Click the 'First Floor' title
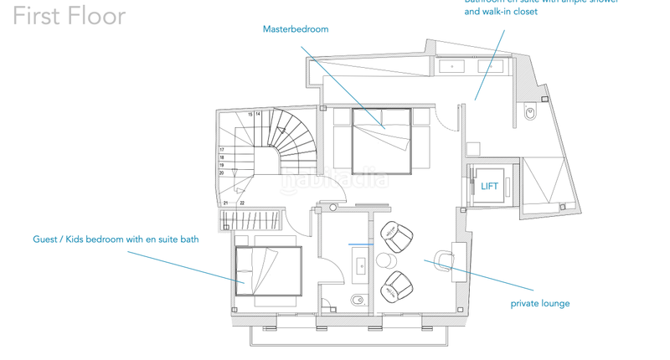pyautogui.click(x=70, y=16)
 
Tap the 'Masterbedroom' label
pyautogui.click(x=296, y=29)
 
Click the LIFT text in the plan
pyautogui.click(x=489, y=186)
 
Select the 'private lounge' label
pyautogui.click(x=539, y=303)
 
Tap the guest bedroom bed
pyautogui.click(x=267, y=270)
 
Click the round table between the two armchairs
pyautogui.click(x=386, y=261)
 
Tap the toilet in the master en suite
pyautogui.click(x=530, y=114)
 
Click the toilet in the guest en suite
pyautogui.click(x=356, y=300)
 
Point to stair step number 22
pyautogui.click(x=241, y=203)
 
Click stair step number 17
pyautogui.click(x=222, y=150)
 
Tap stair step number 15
pyautogui.click(x=250, y=114)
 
